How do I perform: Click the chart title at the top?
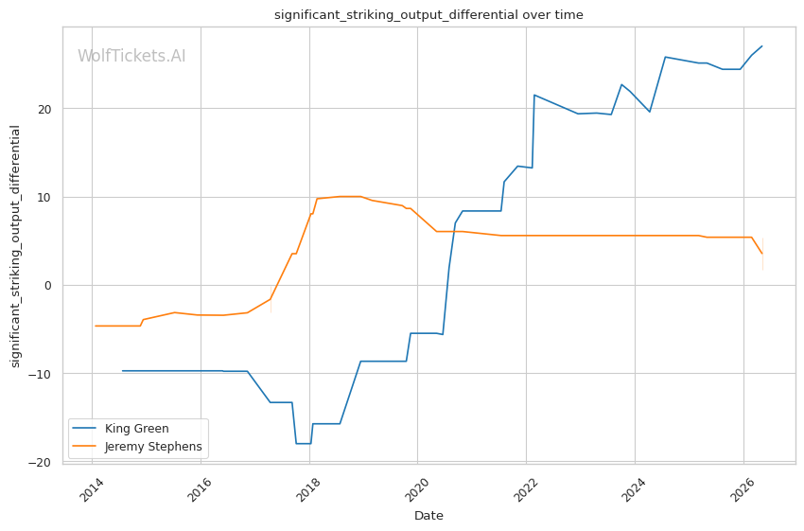coord(428,15)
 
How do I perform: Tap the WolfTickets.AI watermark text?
coord(131,56)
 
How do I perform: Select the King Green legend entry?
coord(120,429)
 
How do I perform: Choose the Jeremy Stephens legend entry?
coord(137,447)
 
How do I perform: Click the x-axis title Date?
coord(428,516)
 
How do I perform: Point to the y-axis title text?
coord(15,246)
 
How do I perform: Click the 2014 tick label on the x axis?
coord(93,489)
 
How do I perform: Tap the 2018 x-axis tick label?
coord(309,489)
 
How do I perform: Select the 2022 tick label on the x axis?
coord(526,489)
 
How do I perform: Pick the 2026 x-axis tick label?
coord(743,489)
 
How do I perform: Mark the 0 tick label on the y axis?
coord(48,285)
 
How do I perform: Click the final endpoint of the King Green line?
coord(762,46)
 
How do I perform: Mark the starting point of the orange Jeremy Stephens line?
coord(96,326)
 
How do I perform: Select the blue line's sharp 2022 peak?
coord(534,95)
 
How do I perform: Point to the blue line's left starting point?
coord(123,370)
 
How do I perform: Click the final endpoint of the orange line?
coord(762,254)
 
